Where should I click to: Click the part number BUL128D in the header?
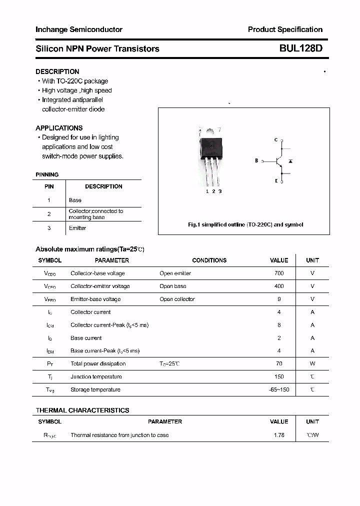pos(300,48)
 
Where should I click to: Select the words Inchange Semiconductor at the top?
pos(79,29)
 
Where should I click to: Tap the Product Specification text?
pos(285,29)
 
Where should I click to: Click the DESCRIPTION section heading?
pos(57,71)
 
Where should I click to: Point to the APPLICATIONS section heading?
pos(59,128)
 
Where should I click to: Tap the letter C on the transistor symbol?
pos(275,140)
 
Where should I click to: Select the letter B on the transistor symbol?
pos(256,161)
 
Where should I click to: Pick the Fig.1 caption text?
pos(245,224)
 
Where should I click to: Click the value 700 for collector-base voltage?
pos(279,273)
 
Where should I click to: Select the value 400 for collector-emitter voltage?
pos(279,286)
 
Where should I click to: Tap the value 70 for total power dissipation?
pos(279,364)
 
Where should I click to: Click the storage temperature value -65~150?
pos(279,389)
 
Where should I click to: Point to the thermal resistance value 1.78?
pos(279,435)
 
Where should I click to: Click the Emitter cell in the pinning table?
pos(77,228)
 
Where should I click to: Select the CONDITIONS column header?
pos(209,260)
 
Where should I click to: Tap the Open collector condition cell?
pos(177,299)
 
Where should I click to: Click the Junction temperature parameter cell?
pos(96,376)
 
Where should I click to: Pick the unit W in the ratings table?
pos(312,364)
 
